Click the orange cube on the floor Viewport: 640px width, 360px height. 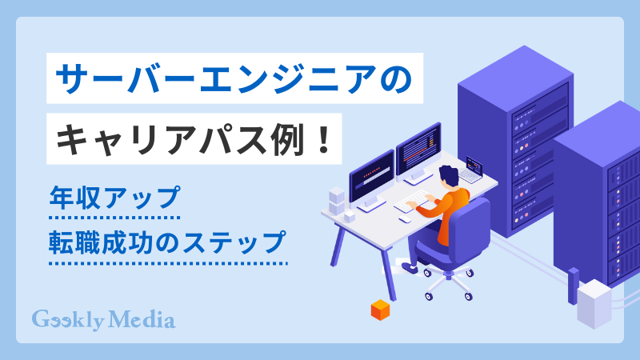(x=379, y=310)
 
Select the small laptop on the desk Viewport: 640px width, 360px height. (x=471, y=170)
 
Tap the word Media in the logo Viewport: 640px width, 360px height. (x=145, y=320)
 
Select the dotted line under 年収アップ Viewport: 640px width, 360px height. (x=113, y=218)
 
